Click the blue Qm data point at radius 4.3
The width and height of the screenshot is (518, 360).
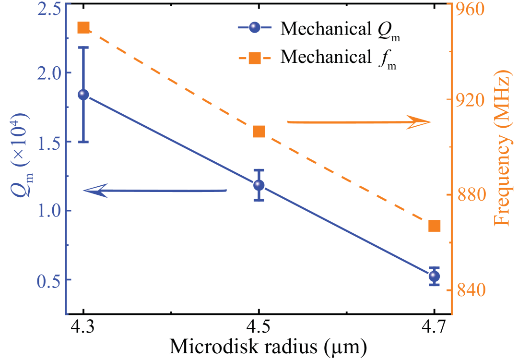pos(83,94)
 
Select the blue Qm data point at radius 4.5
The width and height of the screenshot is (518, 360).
pos(259,185)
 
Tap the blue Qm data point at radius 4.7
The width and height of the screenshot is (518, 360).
pos(435,276)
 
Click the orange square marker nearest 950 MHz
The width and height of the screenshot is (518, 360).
pos(83,28)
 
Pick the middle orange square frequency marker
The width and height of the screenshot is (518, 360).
pos(259,132)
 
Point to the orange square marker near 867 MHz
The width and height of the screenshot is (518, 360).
pos(435,226)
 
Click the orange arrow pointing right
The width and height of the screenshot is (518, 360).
pos(360,122)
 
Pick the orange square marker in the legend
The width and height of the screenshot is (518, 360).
pos(255,58)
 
